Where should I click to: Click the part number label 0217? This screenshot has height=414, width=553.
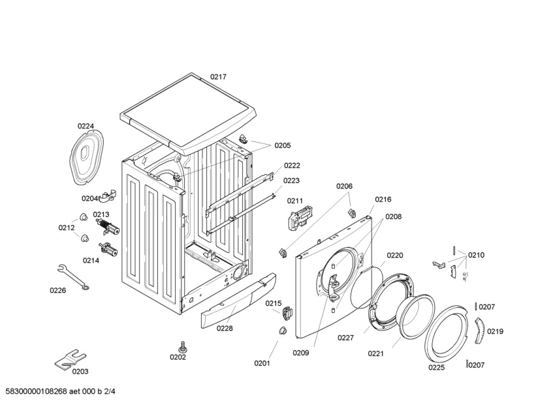[218, 77]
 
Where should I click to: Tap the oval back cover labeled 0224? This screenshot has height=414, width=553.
[87, 154]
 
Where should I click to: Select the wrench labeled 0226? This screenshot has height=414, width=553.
[74, 276]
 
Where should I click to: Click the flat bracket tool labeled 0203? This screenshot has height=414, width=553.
[71, 358]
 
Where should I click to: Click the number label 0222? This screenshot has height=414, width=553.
[291, 166]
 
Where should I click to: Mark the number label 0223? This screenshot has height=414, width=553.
[291, 181]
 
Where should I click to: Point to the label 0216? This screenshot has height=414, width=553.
[383, 200]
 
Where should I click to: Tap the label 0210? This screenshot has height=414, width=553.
[476, 255]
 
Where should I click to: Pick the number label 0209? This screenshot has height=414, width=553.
[301, 353]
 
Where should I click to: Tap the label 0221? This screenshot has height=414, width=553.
[375, 353]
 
